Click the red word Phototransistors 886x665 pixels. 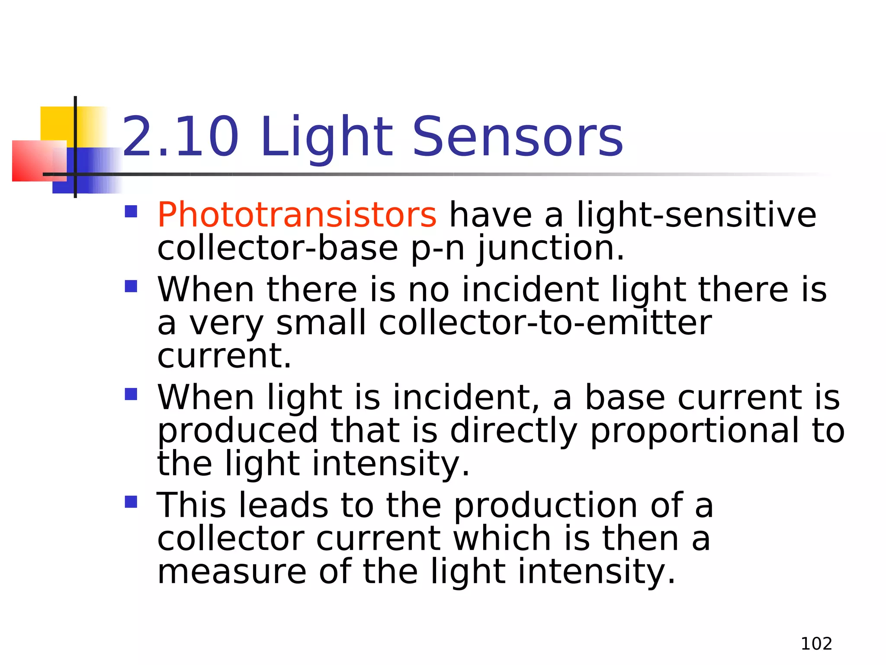point(297,215)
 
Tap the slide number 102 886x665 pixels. point(816,644)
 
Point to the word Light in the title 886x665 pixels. point(327,138)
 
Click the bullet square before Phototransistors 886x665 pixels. point(131,211)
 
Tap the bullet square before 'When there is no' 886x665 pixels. point(131,286)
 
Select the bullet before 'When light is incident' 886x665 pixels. point(131,394)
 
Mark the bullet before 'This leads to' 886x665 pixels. point(131,502)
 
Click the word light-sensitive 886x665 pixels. point(697,215)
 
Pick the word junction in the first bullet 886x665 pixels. point(550,249)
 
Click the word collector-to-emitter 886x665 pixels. point(545,323)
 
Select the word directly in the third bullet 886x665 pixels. point(514,431)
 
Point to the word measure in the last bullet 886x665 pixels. point(232,571)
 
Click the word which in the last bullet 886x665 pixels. point(502,539)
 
